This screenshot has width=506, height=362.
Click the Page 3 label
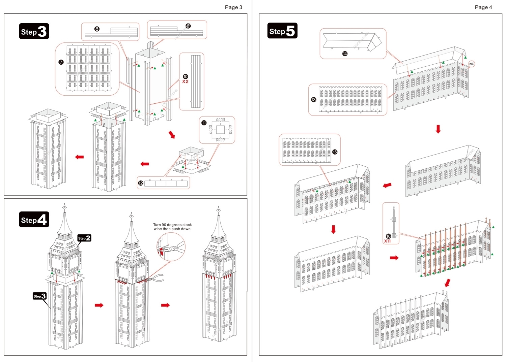coord(233,7)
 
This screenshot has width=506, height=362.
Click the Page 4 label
coord(483,7)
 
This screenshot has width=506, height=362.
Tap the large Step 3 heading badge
coord(34,31)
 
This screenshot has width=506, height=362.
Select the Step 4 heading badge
coord(34,220)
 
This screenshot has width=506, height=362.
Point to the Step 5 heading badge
coord(282,31)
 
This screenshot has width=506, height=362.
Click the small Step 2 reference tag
coord(84,238)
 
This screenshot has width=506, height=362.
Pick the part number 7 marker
coord(61,62)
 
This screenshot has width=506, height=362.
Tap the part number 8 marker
coord(97,29)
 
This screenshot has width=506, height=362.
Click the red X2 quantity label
coord(185,81)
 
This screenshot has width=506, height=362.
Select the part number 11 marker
coord(204,123)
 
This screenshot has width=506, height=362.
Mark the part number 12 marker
coord(141,183)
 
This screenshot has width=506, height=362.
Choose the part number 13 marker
coord(314,100)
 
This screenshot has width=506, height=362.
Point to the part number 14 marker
coord(345,54)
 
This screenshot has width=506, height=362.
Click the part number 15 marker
coord(335,152)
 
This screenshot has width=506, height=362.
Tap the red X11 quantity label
coord(388,241)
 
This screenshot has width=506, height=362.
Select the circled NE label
coord(471,64)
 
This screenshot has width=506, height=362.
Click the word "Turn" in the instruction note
coord(157,225)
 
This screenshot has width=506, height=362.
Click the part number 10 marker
coord(185,77)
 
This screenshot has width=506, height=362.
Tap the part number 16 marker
coord(388,236)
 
